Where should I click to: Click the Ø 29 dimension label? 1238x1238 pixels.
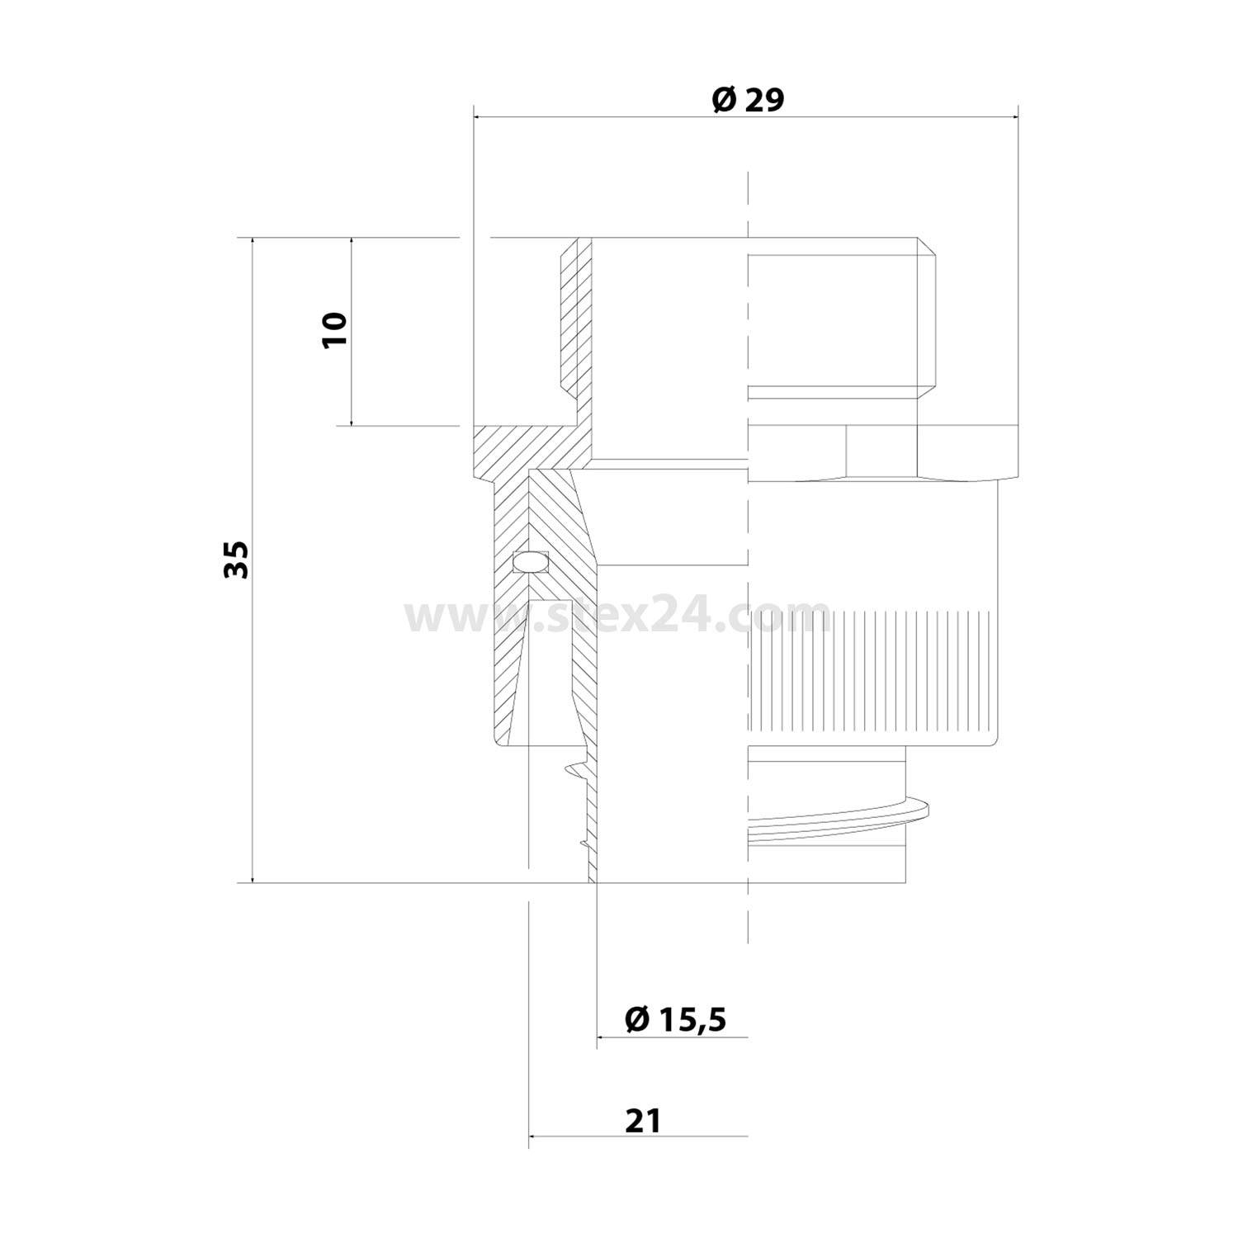click(x=747, y=100)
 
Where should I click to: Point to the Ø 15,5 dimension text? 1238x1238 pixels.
click(x=675, y=1019)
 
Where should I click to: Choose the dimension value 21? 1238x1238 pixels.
click(x=644, y=1121)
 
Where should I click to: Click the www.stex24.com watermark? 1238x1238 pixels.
click(x=617, y=615)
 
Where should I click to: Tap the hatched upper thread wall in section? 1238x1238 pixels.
click(x=576, y=322)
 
